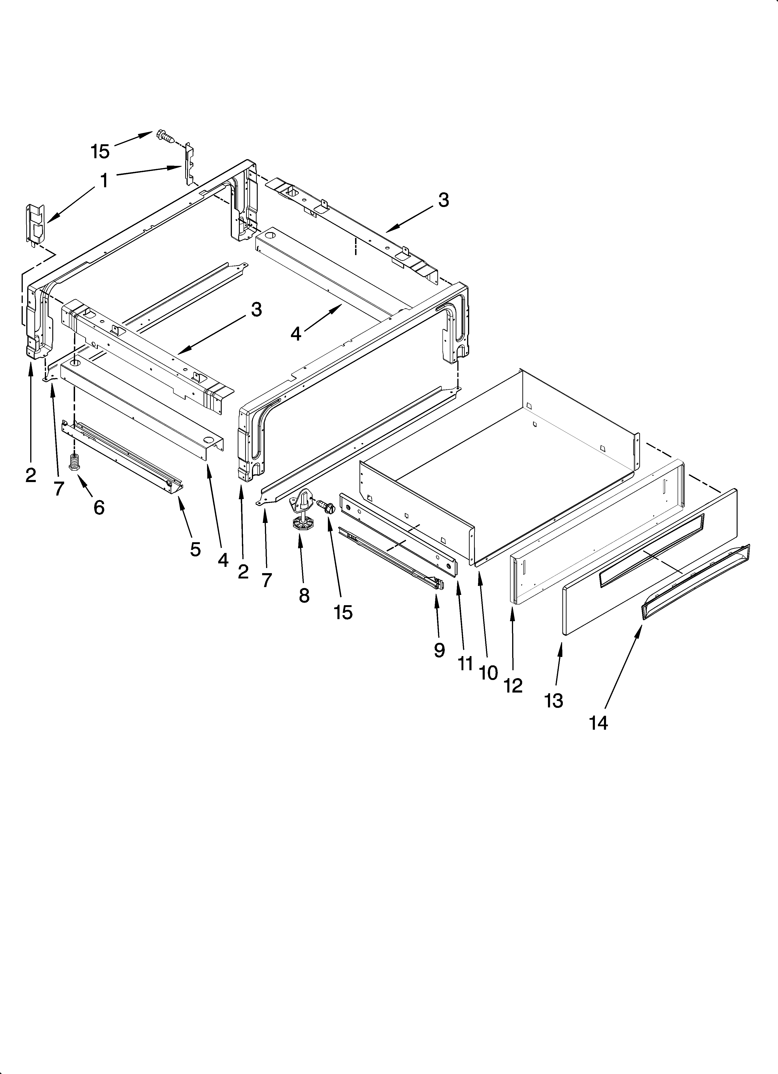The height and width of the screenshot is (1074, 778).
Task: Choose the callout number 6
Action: coord(99,508)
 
